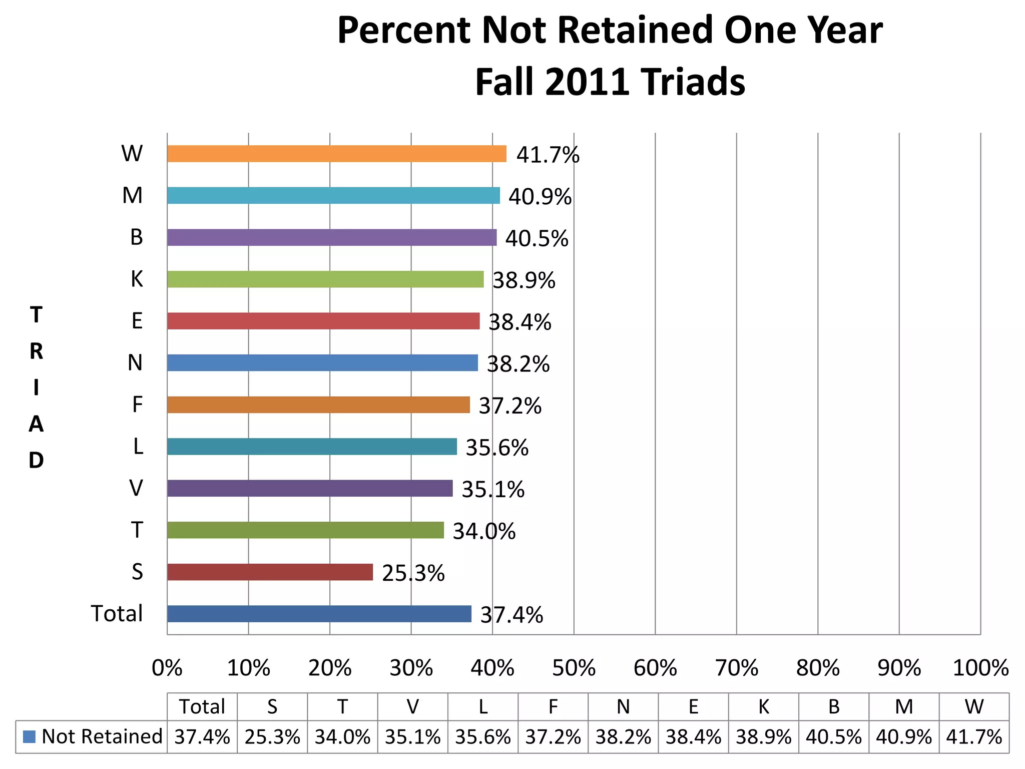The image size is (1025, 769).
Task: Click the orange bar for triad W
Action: coord(336,154)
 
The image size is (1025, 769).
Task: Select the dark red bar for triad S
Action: coord(270,572)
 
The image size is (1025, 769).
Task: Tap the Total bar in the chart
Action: coord(319,614)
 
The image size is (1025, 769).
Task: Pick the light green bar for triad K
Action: coord(325,279)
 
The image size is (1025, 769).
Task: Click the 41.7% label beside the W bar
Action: coord(548,155)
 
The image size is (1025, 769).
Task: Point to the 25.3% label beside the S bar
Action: coord(413,573)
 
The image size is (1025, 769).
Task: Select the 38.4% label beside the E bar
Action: coord(520,322)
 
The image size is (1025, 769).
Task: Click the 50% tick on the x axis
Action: coord(574,668)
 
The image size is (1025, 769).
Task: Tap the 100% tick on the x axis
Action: coord(980,668)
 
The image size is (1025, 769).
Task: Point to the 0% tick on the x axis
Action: coord(167,668)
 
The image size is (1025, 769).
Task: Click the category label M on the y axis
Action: coord(132,195)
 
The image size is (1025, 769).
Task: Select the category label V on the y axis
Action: coord(136,488)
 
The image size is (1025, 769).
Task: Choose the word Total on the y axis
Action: coord(117,613)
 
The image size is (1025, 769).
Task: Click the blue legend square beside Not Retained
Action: coord(30,736)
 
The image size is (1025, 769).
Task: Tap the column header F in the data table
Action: coord(553,706)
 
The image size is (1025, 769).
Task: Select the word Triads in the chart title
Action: coord(694,82)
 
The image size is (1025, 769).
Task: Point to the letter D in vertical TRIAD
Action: coord(36,460)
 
